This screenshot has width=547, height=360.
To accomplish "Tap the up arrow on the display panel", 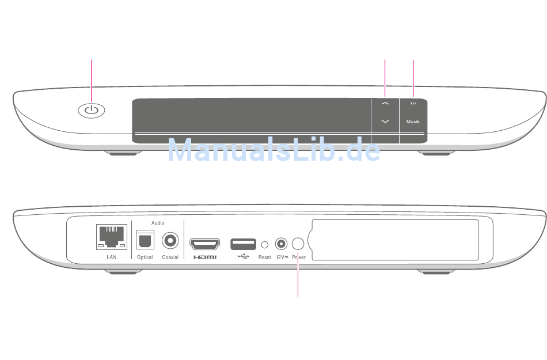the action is (385, 103).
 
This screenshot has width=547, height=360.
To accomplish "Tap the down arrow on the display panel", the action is (385, 121).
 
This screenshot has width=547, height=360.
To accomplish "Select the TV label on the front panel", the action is (413, 104).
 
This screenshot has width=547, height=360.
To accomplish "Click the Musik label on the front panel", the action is (413, 122).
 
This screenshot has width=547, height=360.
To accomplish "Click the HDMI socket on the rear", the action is (205, 243).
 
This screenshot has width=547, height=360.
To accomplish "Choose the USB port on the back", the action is (244, 243).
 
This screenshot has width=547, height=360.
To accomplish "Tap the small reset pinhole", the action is (265, 244).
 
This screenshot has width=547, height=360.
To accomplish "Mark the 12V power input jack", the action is (282, 244).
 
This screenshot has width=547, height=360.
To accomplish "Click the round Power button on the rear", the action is (298, 243).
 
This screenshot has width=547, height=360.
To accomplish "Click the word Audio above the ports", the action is (158, 222).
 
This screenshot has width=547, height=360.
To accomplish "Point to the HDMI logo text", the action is (205, 257).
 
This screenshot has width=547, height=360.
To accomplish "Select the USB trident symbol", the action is (244, 257).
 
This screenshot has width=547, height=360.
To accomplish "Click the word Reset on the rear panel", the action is (264, 257).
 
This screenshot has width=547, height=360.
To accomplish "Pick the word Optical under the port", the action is (145, 257).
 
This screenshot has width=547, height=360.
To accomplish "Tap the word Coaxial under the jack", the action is (170, 257).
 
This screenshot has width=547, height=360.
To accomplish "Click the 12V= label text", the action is (282, 257).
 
